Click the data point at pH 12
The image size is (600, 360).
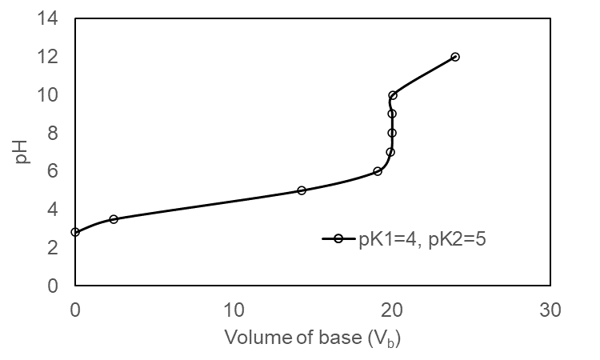coord(455,57)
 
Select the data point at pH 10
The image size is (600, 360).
coord(393,95)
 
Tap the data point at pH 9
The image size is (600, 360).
coord(392,114)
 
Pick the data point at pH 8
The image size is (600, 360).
coord(392,133)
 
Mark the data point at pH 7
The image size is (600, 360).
coord(390,152)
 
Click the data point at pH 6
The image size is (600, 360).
coord(378,171)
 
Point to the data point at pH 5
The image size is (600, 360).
coord(302,190)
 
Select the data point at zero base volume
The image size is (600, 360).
coord(75,232)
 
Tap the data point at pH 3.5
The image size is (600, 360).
coord(114,219)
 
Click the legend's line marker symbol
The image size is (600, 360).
coord(338,238)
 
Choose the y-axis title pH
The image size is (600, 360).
coord(22,152)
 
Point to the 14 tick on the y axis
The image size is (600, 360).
coord(50,18)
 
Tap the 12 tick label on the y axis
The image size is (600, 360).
coord(50,57)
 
